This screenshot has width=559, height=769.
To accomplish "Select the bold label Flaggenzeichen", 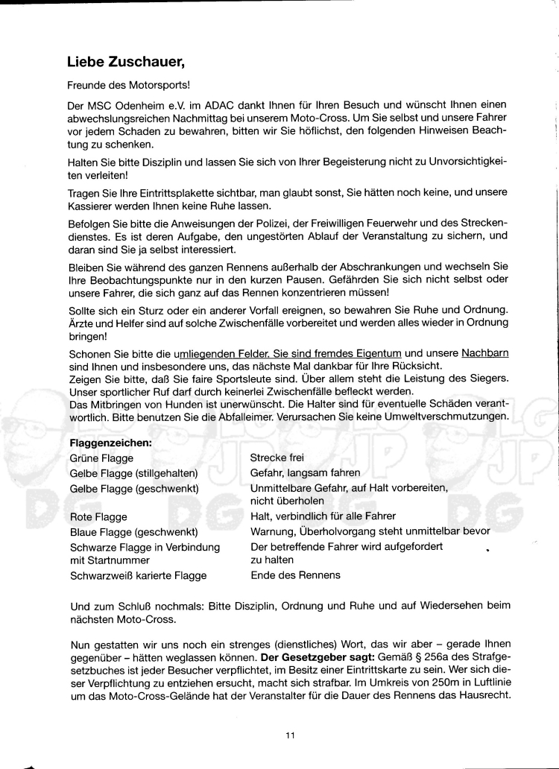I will click(110, 443).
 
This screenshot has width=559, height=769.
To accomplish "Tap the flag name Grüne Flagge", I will click(98, 458).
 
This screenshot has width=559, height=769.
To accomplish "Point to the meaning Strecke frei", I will click(277, 458).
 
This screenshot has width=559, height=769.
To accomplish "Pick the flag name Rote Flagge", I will click(98, 516).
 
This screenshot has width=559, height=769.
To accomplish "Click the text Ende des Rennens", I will click(295, 575).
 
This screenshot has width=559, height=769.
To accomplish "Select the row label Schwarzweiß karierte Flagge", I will click(138, 575).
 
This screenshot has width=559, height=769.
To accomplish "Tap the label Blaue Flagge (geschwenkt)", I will click(133, 531).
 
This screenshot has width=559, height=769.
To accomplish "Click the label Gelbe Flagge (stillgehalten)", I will click(133, 472).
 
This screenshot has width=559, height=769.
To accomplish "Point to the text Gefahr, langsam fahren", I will click(305, 472).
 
